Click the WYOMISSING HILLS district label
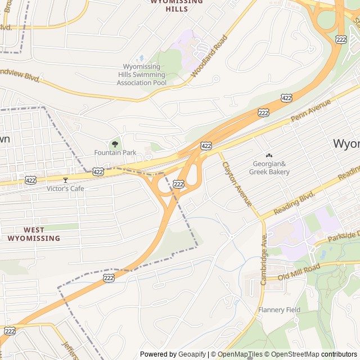177,5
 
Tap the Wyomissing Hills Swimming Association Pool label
141,75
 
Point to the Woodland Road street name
209,56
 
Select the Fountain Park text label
115,152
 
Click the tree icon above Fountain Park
115,144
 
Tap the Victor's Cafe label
65,188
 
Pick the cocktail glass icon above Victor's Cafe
65,180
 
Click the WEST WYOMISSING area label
34,234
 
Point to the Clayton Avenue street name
237,183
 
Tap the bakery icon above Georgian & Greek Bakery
269,156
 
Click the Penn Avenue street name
312,111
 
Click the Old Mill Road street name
299,270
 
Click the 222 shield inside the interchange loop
179,184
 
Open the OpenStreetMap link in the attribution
291,354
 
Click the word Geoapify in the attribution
193,354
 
